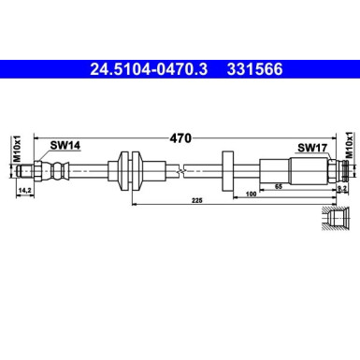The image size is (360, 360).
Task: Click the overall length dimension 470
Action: click(180, 138)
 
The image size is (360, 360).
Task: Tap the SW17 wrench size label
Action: click(310, 147)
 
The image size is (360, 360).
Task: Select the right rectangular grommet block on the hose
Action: click(227, 170)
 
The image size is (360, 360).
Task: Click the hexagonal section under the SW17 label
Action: click(309, 170)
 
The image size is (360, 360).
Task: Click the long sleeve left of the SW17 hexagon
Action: click(274, 170)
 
